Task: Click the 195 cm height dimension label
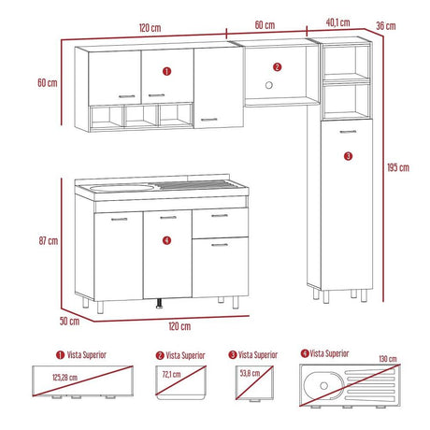pos(397,168)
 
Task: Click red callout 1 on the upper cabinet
pos(166,70)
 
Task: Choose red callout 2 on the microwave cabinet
pos(277,66)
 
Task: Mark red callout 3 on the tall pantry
pos(348,156)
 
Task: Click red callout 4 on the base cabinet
pos(166,240)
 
